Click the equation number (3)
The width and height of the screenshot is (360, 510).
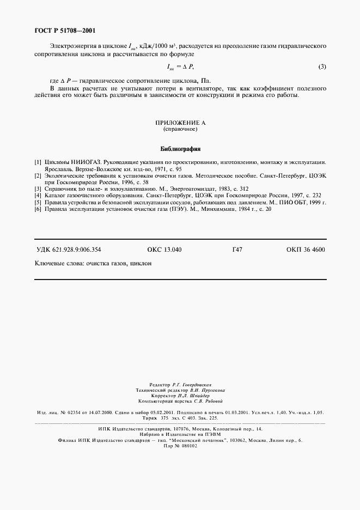pos(322,67)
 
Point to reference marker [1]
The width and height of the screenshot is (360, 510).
pos(38,162)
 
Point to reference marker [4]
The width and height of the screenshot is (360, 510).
pos(38,195)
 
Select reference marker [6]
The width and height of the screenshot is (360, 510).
pos(38,209)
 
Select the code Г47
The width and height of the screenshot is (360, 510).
pos(237,250)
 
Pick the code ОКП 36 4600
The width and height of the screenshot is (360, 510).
pos(305,250)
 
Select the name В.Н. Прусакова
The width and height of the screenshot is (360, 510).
pos(202,391)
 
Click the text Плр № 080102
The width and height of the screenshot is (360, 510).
pos(180,446)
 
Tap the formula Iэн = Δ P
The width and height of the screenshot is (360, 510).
pos(180,67)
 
